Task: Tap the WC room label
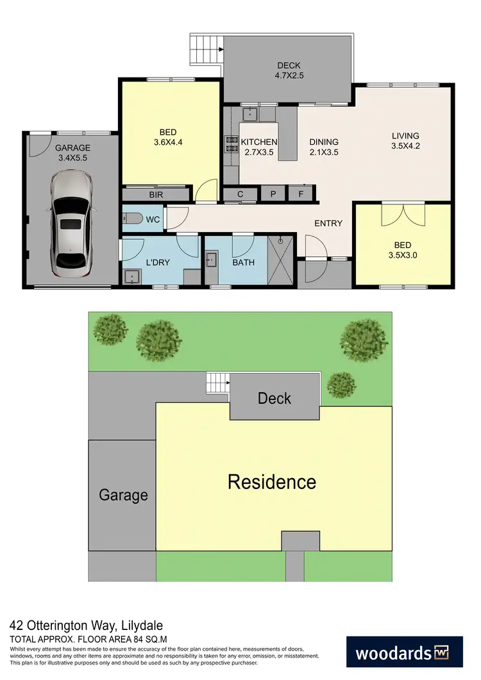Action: click(153, 220)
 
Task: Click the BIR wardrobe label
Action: click(155, 194)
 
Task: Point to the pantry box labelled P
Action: click(272, 194)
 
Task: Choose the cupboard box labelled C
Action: click(240, 194)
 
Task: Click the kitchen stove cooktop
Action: click(231, 145)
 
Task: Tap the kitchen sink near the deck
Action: click(249, 115)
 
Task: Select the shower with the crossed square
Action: click(280, 260)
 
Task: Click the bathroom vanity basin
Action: click(212, 260)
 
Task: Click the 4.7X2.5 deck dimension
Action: click(289, 76)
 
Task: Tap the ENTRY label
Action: click(328, 223)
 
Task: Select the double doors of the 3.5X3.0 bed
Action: click(403, 214)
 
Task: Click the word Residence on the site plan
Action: click(272, 481)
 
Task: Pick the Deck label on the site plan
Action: click(274, 398)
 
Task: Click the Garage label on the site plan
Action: click(123, 495)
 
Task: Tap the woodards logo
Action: click(404, 654)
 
